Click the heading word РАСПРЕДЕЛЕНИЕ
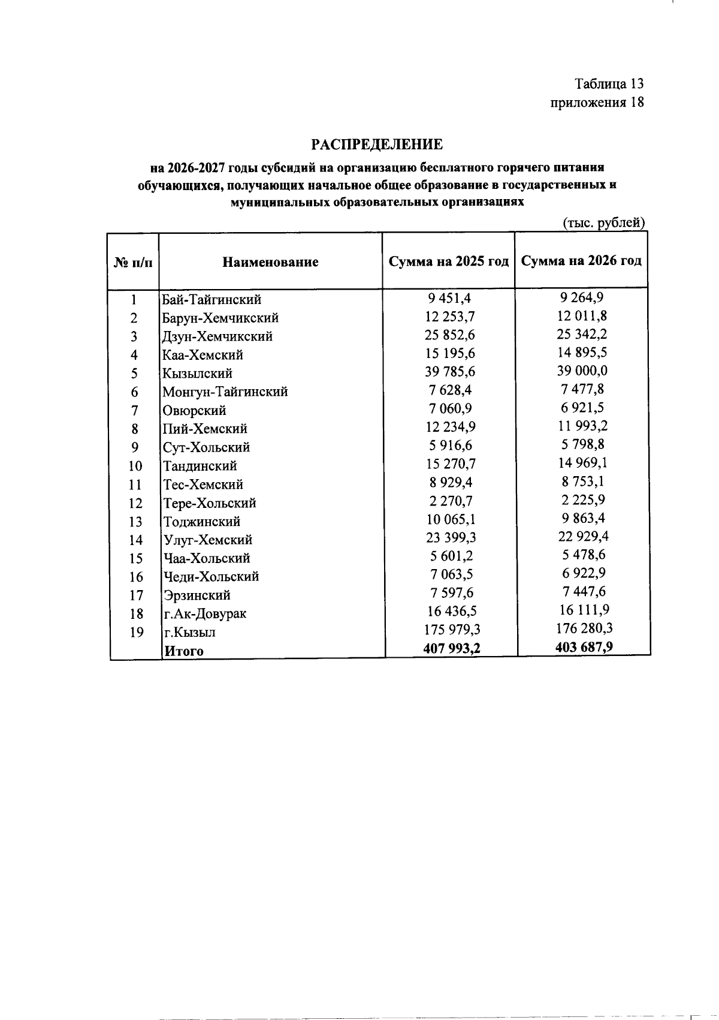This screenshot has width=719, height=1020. (x=377, y=145)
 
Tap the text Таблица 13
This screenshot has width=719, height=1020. (x=609, y=83)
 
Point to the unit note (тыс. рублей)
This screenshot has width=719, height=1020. (x=604, y=223)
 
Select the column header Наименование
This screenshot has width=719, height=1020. (x=270, y=262)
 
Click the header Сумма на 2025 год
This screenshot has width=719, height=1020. (x=449, y=261)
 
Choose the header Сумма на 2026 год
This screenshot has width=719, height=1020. (x=582, y=261)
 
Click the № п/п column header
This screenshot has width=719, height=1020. (x=133, y=263)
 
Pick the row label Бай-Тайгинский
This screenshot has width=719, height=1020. (x=212, y=299)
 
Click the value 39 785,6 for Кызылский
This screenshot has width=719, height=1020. (x=450, y=372)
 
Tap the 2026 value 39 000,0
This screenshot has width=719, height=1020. (x=582, y=371)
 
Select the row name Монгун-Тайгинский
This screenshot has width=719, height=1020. (x=225, y=392)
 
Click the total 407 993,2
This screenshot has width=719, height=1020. (x=452, y=648)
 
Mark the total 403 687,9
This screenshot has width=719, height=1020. (x=584, y=647)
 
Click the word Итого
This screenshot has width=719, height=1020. (x=184, y=651)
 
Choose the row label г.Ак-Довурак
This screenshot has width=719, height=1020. (x=205, y=613)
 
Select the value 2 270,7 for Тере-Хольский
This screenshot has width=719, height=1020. (x=450, y=501)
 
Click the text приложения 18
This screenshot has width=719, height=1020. (x=597, y=103)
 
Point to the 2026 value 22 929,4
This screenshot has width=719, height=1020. (x=583, y=536)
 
